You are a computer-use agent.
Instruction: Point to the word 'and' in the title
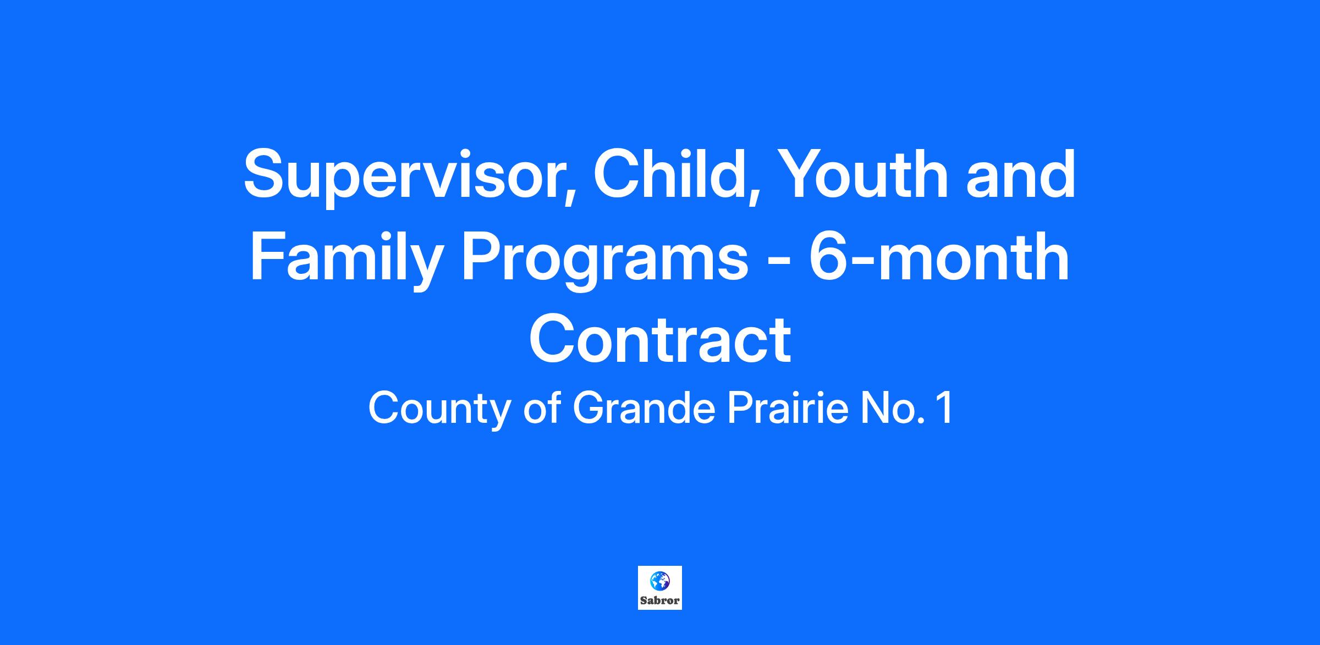coord(1021,174)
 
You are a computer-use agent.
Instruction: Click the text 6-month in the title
coord(939,256)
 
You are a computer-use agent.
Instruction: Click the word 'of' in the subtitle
coord(542,409)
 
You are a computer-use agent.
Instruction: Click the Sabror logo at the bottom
coord(660,588)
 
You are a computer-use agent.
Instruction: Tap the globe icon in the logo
coord(659,581)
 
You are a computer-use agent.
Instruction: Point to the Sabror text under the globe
coord(660,601)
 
